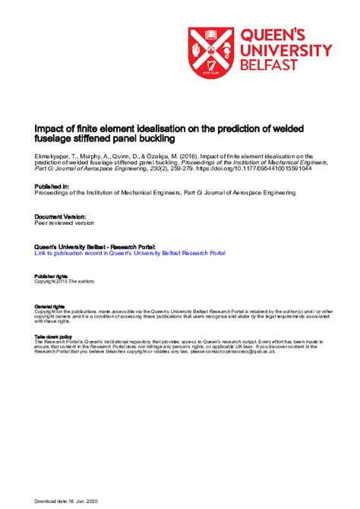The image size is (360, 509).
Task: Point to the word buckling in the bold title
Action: click(175, 140)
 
